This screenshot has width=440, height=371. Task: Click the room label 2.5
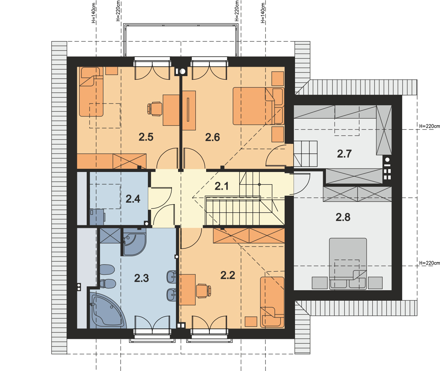[146, 137]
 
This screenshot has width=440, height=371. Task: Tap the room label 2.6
[212, 137]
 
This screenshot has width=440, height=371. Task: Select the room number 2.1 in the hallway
[222, 186]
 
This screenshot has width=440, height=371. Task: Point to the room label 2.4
[133, 198]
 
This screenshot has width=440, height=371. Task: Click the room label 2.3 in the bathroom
[141, 278]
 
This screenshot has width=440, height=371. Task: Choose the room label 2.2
[227, 275]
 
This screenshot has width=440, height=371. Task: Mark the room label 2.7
[344, 154]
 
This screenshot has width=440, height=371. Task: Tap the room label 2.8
[343, 217]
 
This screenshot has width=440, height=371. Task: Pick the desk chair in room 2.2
[203, 290]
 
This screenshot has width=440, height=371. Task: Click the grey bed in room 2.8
[348, 263]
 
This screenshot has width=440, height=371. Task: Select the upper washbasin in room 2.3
[171, 277]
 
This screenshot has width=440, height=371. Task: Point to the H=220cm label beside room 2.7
[430, 126]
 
